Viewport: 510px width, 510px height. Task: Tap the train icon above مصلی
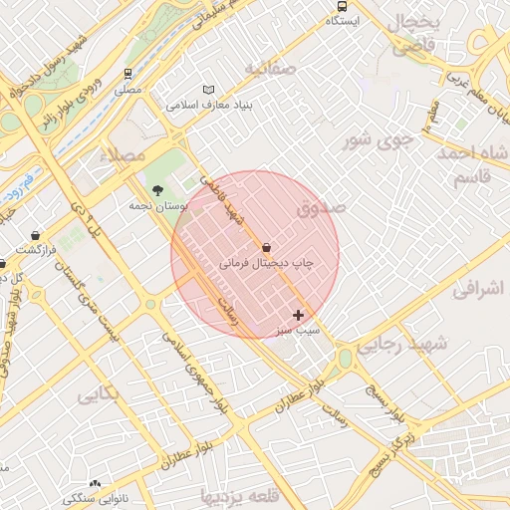[127, 74]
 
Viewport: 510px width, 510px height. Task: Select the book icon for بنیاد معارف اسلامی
[208, 90]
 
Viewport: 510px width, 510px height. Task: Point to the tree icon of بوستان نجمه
[156, 189]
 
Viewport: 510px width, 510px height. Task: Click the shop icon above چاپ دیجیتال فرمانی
[266, 247]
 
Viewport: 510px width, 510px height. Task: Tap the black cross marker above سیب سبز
[298, 314]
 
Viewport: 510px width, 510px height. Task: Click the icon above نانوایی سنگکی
[96, 482]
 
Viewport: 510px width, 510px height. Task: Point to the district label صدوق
[321, 209]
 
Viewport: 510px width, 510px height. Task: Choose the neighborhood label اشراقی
[479, 290]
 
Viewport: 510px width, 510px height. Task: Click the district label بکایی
[100, 395]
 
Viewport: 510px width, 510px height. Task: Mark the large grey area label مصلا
[126, 155]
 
